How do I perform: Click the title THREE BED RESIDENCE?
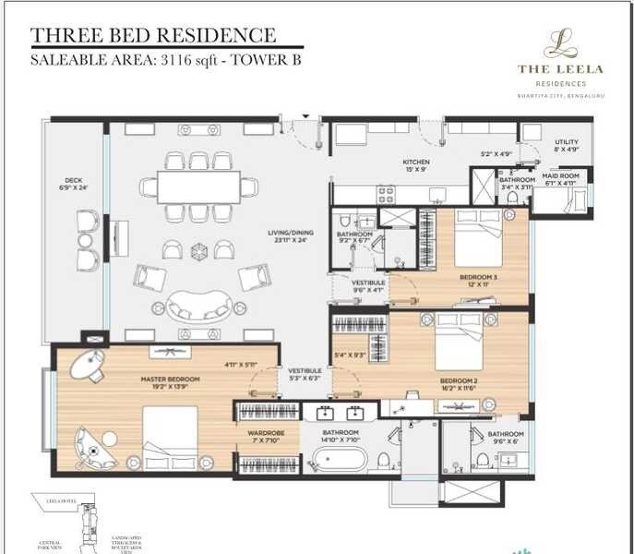[x=153, y=36]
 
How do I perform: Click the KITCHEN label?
[x=415, y=163]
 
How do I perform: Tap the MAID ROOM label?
[x=560, y=175]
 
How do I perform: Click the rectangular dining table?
[x=197, y=187]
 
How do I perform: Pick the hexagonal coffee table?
[x=197, y=250]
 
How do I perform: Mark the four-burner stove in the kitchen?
[x=385, y=194]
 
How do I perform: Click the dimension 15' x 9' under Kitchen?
[x=415, y=171]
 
